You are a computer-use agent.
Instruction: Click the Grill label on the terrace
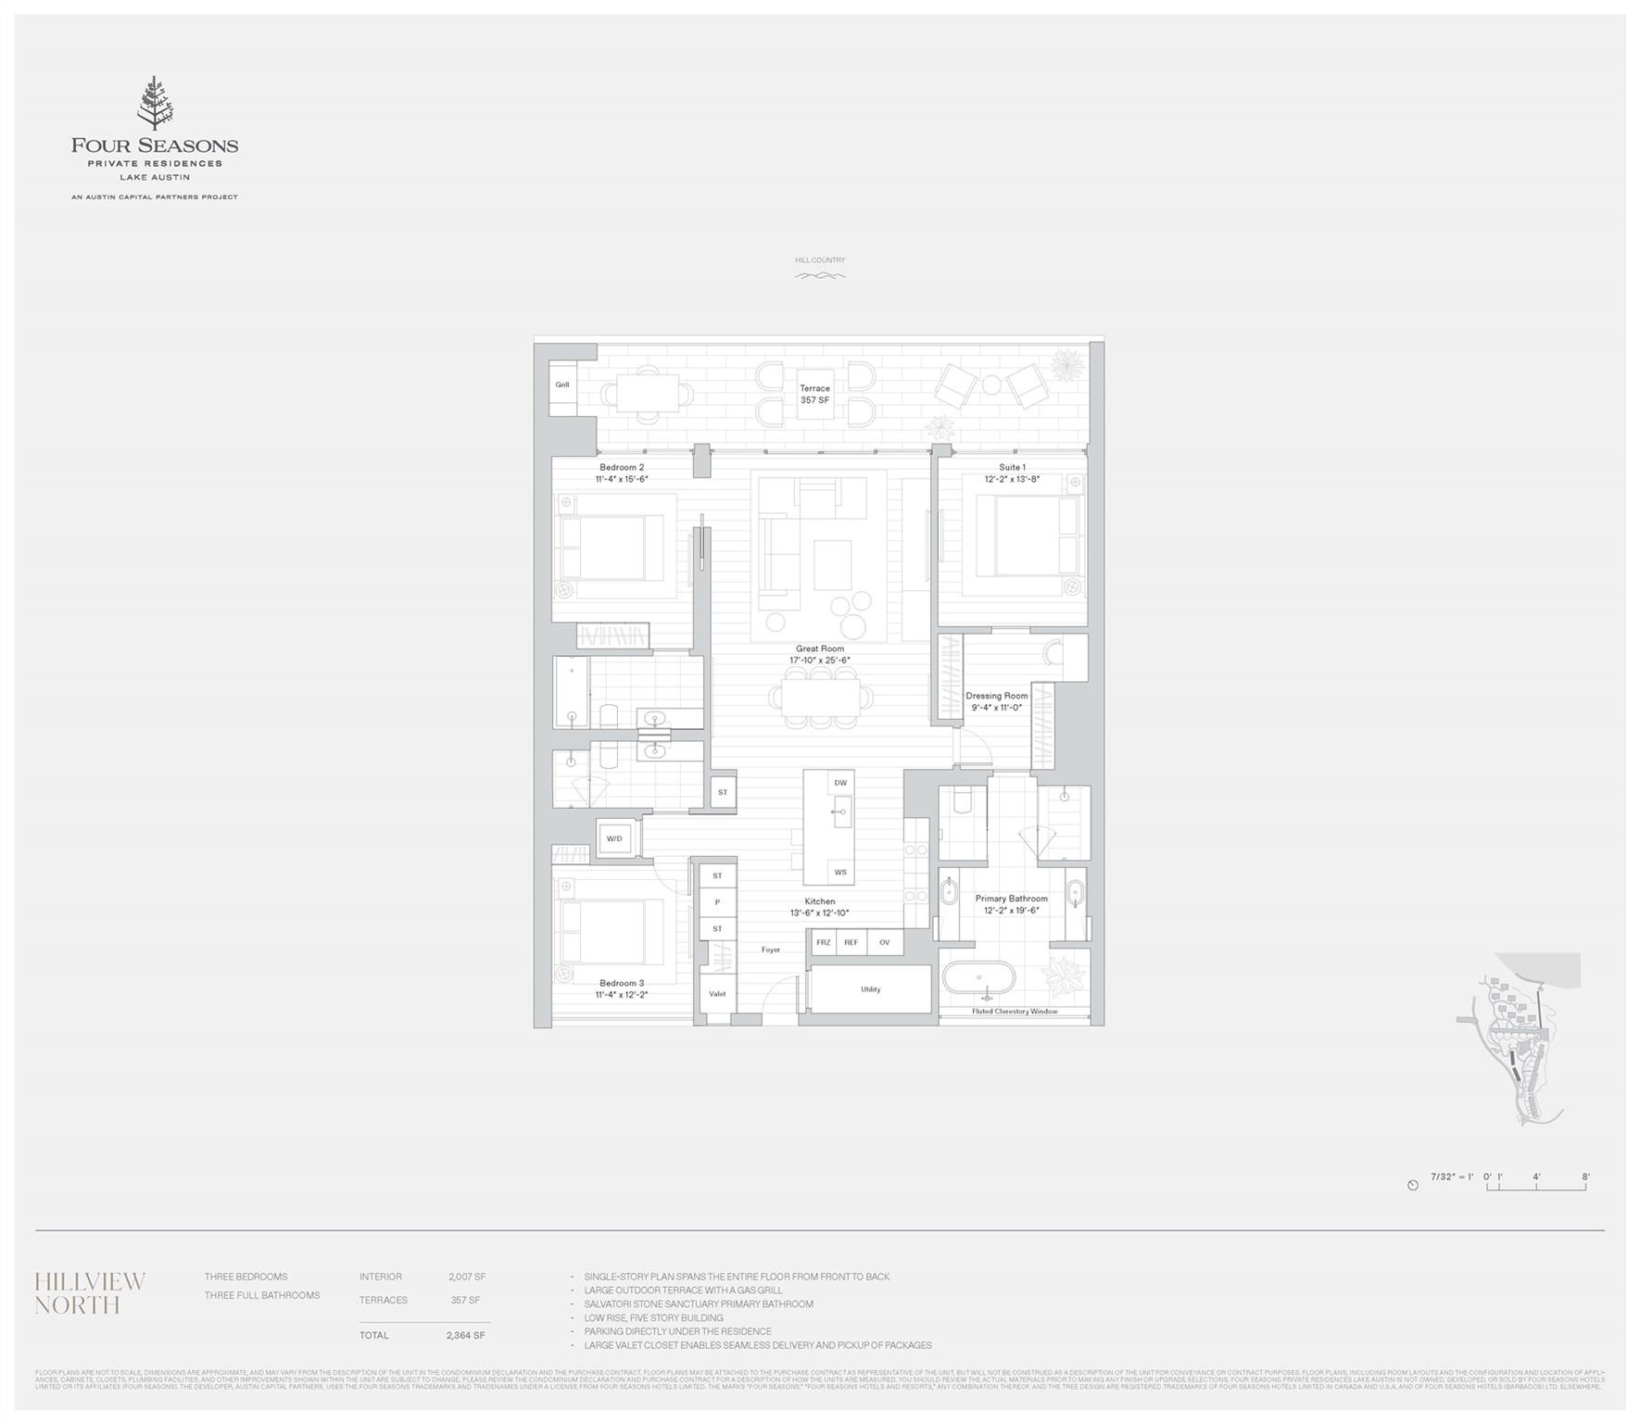[x=562, y=384]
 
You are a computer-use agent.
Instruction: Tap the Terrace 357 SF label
[x=814, y=395]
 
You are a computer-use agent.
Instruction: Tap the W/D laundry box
[x=614, y=838]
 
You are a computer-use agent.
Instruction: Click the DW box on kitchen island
[x=840, y=783]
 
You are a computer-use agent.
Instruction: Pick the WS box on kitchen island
[x=840, y=872]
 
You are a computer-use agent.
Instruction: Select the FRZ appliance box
[x=823, y=942]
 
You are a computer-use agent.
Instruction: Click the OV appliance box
[x=885, y=942]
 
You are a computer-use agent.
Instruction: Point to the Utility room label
[x=870, y=989]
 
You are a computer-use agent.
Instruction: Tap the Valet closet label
[x=717, y=994]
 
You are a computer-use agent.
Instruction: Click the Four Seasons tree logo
[x=155, y=104]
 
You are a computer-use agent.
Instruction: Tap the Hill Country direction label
[x=820, y=260]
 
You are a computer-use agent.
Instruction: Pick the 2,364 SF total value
[x=466, y=1335]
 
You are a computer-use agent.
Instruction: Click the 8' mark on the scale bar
[x=1585, y=1177]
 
